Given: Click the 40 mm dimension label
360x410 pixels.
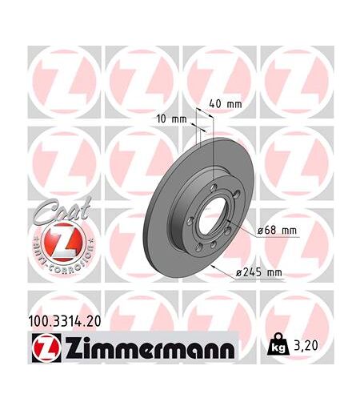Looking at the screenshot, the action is pyautogui.click(x=226, y=103).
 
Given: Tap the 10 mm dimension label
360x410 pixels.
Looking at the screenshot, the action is pyautogui.click(x=172, y=119).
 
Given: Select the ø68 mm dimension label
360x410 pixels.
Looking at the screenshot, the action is pyautogui.click(x=277, y=231).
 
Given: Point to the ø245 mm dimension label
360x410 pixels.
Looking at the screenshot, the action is pyautogui.click(x=259, y=272).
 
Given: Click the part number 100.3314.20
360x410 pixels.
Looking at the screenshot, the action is pyautogui.click(x=64, y=321).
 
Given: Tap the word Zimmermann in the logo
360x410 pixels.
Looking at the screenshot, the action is pyautogui.click(x=149, y=348).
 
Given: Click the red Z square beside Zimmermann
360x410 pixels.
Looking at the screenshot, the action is pyautogui.click(x=46, y=348).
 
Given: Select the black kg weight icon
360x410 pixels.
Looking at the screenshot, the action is pyautogui.click(x=278, y=344).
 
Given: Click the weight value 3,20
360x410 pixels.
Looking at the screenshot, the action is pyautogui.click(x=306, y=346).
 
